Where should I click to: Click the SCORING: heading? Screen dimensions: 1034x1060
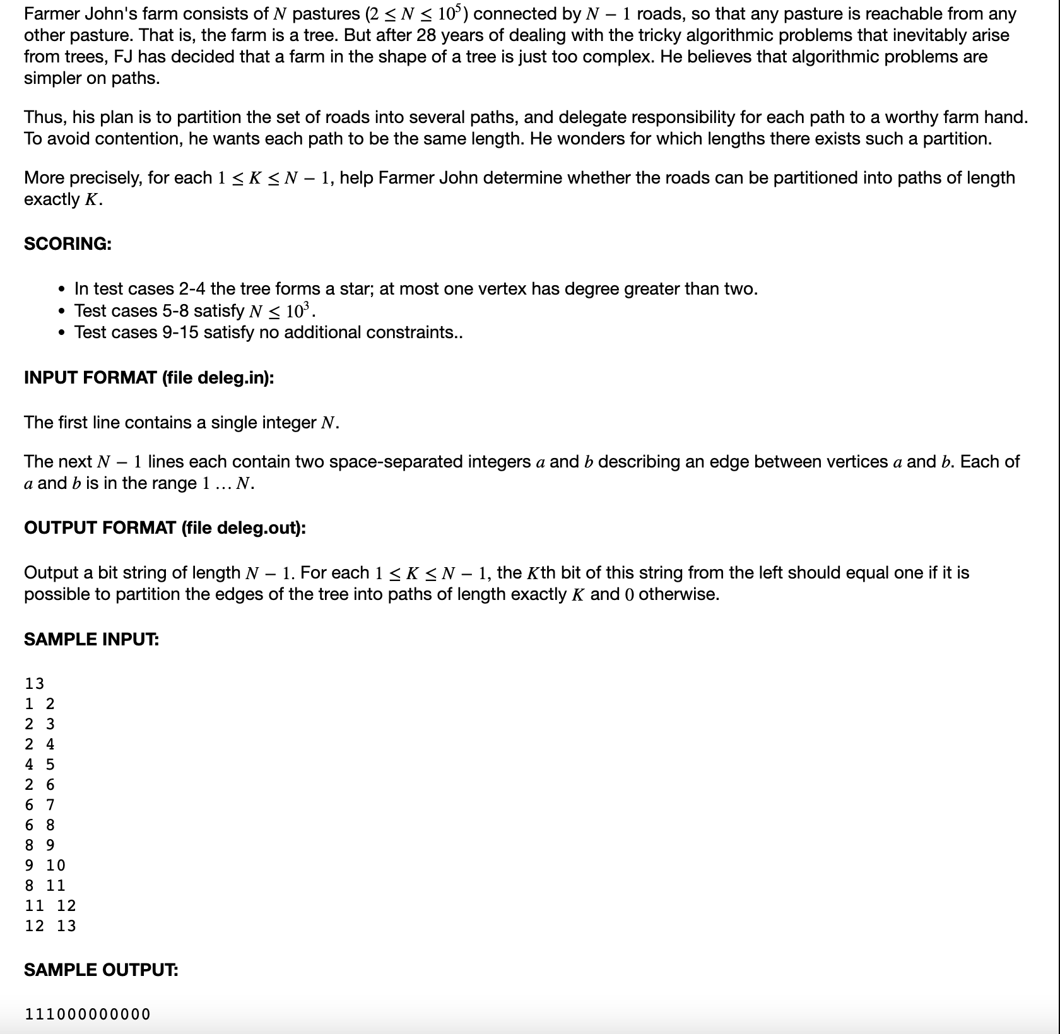pyautogui.click(x=68, y=244)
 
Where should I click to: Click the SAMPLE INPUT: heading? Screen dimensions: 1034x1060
pyautogui.click(x=91, y=639)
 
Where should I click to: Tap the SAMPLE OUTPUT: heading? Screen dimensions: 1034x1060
pyautogui.click(x=101, y=970)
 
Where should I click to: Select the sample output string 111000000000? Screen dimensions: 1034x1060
pyautogui.click(x=88, y=1014)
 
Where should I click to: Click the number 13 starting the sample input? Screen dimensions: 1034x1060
pyautogui.click(x=35, y=683)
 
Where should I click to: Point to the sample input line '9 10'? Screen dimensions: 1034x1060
pyautogui.click(x=45, y=865)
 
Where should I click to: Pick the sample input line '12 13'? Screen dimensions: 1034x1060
pyautogui.click(x=50, y=925)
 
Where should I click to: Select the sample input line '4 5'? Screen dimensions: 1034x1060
pyautogui.click(x=40, y=764)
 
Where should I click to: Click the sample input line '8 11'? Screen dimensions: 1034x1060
pyautogui.click(x=45, y=885)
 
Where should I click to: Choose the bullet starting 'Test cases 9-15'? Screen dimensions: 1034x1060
pyautogui.click(x=268, y=332)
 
